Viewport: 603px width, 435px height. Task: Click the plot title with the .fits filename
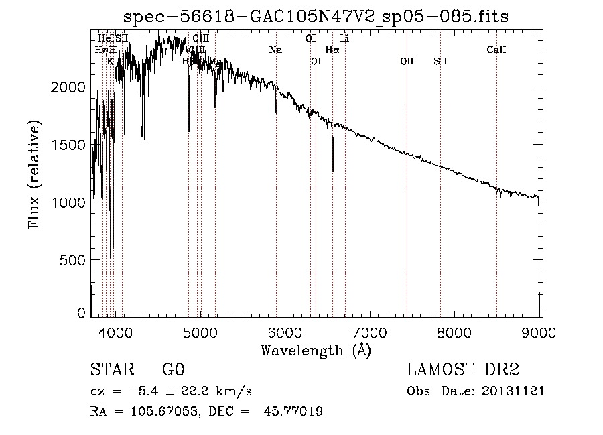(x=317, y=17)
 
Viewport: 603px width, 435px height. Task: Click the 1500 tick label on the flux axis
(x=68, y=145)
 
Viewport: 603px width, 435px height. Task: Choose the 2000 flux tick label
(x=68, y=87)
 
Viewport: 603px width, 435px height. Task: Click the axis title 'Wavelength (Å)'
(x=316, y=350)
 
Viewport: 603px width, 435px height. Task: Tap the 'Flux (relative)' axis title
(x=34, y=174)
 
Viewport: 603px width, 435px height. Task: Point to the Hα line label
(x=332, y=50)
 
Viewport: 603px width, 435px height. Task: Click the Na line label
(x=275, y=50)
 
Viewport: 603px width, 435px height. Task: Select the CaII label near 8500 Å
(x=496, y=50)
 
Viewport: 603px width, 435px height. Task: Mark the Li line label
(x=344, y=38)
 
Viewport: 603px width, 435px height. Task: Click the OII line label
(x=407, y=62)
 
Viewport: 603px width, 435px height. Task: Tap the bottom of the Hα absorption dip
(x=333, y=170)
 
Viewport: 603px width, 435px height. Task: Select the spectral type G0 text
(x=173, y=370)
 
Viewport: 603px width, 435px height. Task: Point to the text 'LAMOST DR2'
(x=463, y=370)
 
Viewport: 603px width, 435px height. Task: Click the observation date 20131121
(x=513, y=391)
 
